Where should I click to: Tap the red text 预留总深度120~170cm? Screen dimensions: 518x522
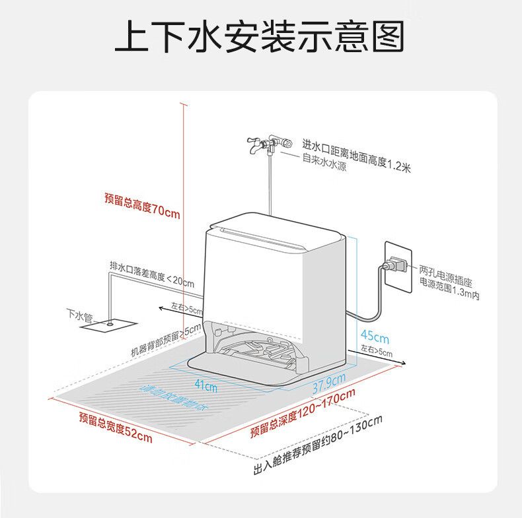click(303, 412)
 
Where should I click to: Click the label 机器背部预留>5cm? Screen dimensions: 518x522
click(165, 339)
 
